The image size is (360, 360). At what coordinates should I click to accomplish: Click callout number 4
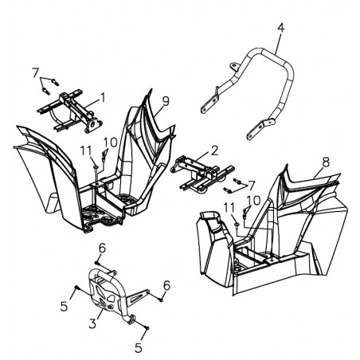point(281,28)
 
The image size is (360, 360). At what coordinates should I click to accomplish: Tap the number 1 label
point(103,97)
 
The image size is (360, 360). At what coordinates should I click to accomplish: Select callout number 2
point(214,151)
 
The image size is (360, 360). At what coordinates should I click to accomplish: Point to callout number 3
point(92,323)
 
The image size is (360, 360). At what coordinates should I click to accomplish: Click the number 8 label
point(326,162)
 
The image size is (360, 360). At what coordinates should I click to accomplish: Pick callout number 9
point(166,102)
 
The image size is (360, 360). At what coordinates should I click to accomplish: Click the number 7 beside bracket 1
point(35,72)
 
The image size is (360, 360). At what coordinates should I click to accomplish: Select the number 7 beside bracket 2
point(251,185)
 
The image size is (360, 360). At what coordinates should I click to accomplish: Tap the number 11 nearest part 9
point(86,151)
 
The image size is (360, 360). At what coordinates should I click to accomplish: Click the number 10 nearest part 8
point(253,201)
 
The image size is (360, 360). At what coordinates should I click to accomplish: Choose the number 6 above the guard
point(102,248)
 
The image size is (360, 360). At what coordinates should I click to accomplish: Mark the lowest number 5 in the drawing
point(139,348)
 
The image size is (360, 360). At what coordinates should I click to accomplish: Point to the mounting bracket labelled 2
point(202,174)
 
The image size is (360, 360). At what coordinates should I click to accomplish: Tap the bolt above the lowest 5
point(147,328)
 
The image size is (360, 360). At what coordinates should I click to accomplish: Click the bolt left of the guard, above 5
point(76,288)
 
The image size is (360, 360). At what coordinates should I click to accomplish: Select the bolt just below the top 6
point(96,263)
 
